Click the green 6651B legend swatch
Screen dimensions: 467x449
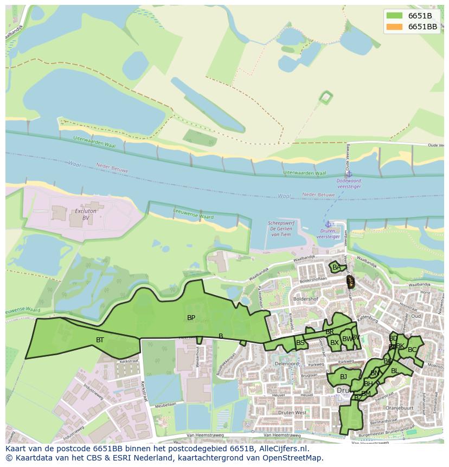[x=394, y=16]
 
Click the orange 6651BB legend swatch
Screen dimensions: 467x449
[x=394, y=27]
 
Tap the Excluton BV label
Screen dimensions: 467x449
[x=86, y=214]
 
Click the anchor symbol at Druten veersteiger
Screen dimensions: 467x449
[x=328, y=224]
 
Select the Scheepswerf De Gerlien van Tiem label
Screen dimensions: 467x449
[x=281, y=228]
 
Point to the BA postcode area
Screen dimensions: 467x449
[x=337, y=267]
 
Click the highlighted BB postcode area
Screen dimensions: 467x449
[x=350, y=282]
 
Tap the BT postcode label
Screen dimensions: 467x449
[x=100, y=340]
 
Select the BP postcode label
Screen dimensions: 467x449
[x=191, y=318]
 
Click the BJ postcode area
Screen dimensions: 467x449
[x=343, y=376]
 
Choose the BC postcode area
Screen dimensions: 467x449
[x=412, y=350]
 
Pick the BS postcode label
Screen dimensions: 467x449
[x=300, y=343]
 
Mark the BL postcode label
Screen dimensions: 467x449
[x=395, y=371]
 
